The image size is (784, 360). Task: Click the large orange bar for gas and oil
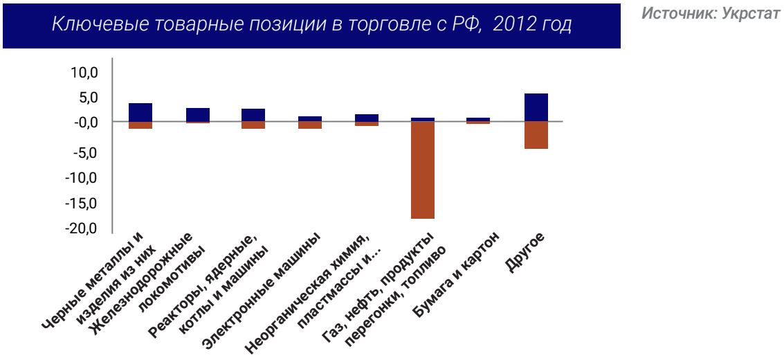423,170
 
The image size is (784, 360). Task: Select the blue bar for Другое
536,107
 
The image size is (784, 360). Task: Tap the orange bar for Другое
536,135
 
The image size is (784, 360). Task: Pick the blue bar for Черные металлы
140,112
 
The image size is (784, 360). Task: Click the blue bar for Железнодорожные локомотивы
198,114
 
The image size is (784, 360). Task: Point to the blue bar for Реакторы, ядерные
253,115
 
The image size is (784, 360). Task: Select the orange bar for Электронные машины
310,125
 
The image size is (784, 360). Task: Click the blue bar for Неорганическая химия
367,118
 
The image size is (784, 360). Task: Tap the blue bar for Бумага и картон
479,119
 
